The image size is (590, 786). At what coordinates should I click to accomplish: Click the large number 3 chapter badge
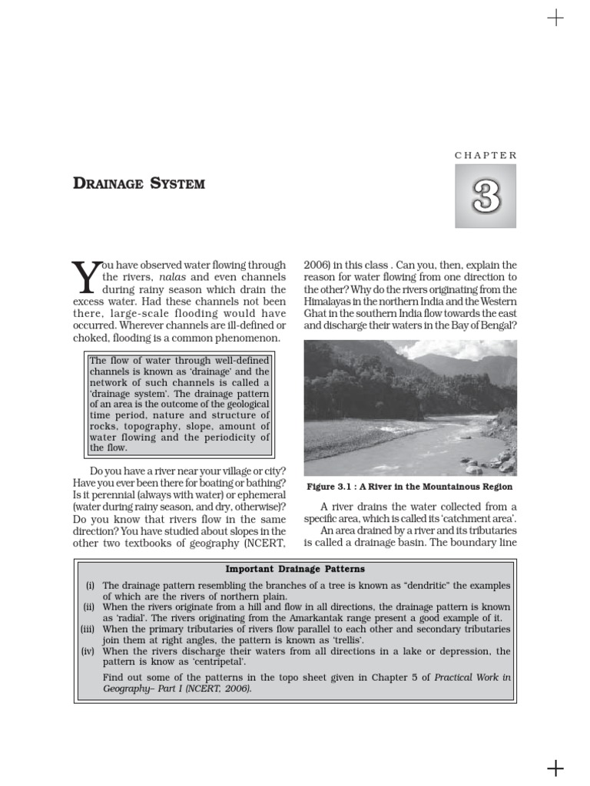click(486, 196)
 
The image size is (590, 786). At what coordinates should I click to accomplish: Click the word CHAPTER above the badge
click(486, 155)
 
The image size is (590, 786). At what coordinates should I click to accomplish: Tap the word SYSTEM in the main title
click(178, 183)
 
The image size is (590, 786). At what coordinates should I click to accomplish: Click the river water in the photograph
click(430, 449)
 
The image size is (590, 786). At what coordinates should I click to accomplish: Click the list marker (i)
click(90, 585)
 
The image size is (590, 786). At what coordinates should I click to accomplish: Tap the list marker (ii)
click(89, 606)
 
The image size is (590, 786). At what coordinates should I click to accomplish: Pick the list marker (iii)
click(88, 629)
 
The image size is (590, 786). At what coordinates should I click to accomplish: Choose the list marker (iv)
click(88, 651)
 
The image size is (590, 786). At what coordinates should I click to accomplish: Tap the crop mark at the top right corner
click(555, 18)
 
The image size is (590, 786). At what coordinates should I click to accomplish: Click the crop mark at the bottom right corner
click(555, 768)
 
